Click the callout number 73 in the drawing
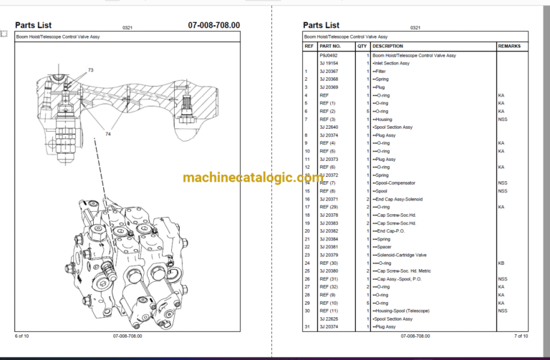pyautogui.click(x=91, y=70)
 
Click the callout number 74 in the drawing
pyautogui.click(x=109, y=134)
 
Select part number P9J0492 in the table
pyautogui.click(x=329, y=55)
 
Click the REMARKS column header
pyautogui.click(x=509, y=46)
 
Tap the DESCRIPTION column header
pyautogui.click(x=387, y=46)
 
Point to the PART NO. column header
pyautogui.click(x=332, y=46)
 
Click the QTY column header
pyautogui.click(x=363, y=46)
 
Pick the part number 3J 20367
pyautogui.click(x=329, y=71)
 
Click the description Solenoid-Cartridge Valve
pyautogui.click(x=400, y=255)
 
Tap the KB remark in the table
pyautogui.click(x=501, y=263)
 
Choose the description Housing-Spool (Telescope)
pyautogui.click(x=401, y=311)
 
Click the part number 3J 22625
pyautogui.click(x=329, y=318)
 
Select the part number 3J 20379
pyautogui.click(x=329, y=255)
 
